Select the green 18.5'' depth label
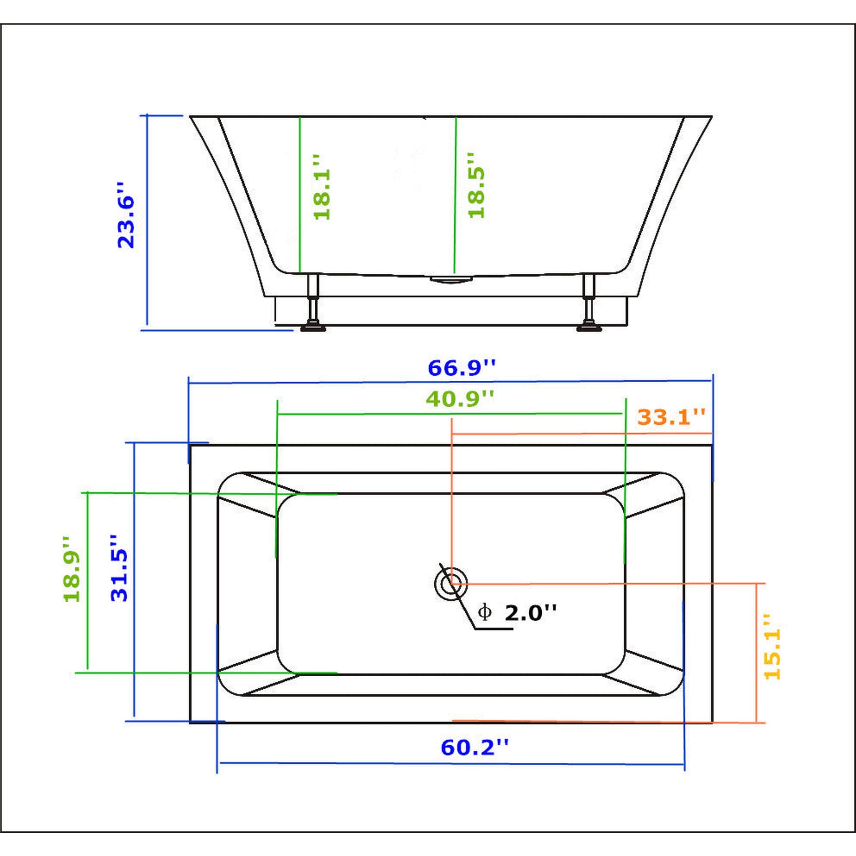(477, 186)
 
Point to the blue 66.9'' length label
(462, 368)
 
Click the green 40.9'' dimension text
(459, 399)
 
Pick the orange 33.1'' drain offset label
(671, 417)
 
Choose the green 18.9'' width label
(72, 569)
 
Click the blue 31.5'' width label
(119, 568)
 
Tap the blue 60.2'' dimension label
(474, 747)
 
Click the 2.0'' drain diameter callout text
(530, 613)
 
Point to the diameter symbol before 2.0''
(485, 613)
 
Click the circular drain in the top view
(451, 583)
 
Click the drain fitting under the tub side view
(451, 279)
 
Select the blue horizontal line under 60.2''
(452, 764)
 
